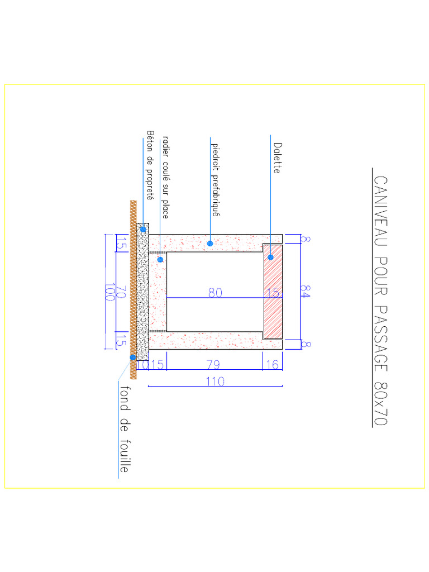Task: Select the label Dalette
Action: point(277,158)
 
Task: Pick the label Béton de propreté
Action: point(150,165)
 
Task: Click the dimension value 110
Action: point(215,382)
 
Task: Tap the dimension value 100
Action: point(110,292)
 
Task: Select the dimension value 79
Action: point(213,365)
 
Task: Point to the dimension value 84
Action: point(305,292)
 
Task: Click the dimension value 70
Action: point(121,292)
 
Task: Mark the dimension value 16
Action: point(273,365)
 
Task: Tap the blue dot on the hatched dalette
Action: point(270,258)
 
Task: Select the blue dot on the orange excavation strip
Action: point(133,357)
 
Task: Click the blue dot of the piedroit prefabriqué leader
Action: point(210,243)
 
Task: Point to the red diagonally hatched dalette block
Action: point(273,302)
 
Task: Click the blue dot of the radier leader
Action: point(160,259)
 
